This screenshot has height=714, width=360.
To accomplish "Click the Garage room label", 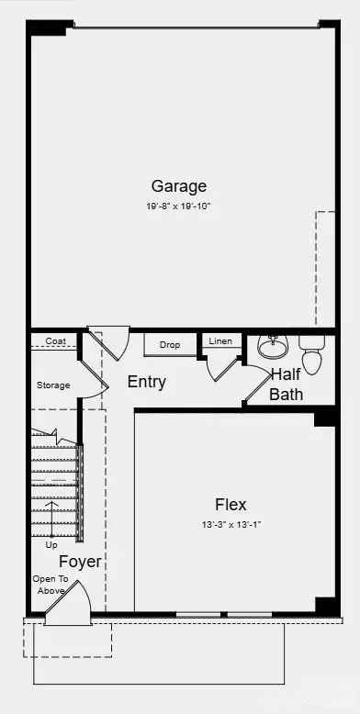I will (x=178, y=186).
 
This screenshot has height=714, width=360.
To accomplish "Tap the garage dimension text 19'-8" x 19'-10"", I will (x=178, y=206).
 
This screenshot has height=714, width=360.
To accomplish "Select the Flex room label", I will (x=231, y=504).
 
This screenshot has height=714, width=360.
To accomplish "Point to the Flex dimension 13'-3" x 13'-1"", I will (x=231, y=524).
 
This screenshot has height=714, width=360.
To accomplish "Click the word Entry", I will (x=146, y=382).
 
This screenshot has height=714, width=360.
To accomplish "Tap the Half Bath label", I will (x=286, y=385).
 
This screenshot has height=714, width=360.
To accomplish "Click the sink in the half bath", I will (x=272, y=346).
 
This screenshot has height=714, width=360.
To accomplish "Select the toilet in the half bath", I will (x=312, y=353).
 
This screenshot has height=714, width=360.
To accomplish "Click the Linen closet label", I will (x=220, y=341).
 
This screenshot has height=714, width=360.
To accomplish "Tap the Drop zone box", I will (x=169, y=345).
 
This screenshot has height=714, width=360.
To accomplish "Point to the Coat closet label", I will (x=55, y=340).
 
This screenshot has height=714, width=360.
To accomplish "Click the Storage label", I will (x=53, y=385).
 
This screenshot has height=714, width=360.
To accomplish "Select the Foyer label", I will (x=80, y=562).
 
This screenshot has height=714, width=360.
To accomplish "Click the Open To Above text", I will (x=49, y=585).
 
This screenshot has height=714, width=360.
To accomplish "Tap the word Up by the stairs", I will (x=51, y=544).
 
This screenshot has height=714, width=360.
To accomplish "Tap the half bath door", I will (x=256, y=386).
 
